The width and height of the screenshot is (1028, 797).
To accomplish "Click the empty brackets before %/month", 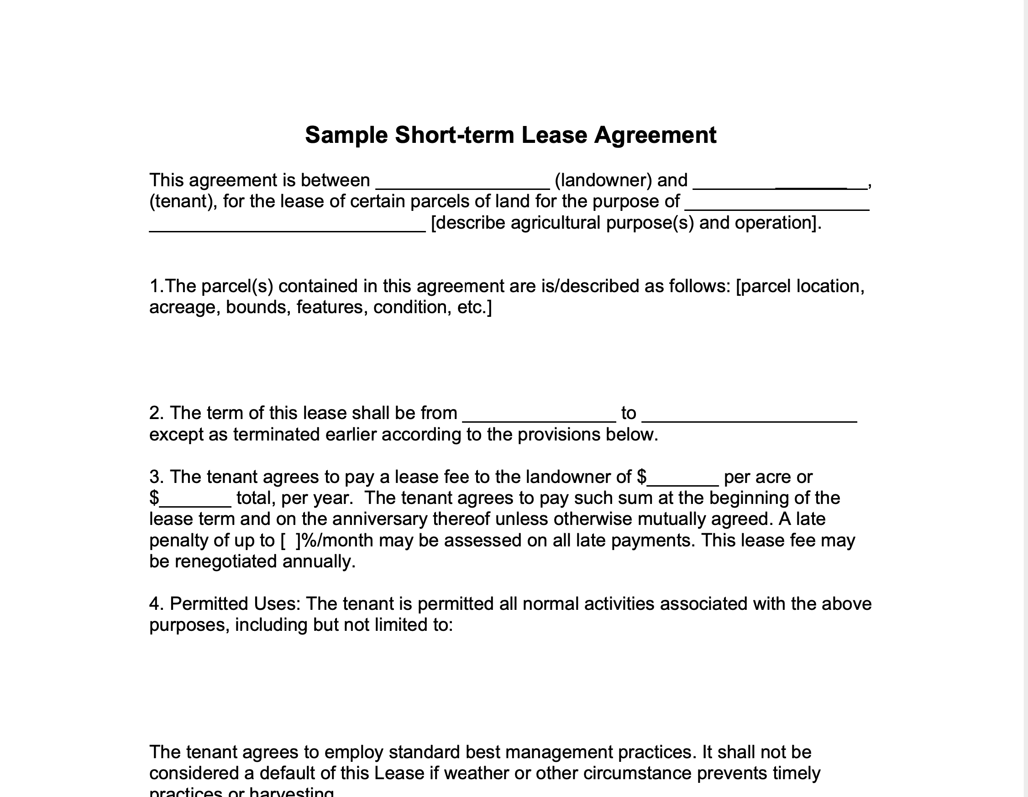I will click(x=290, y=540).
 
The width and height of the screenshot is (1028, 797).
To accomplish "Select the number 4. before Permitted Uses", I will click(x=157, y=604).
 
